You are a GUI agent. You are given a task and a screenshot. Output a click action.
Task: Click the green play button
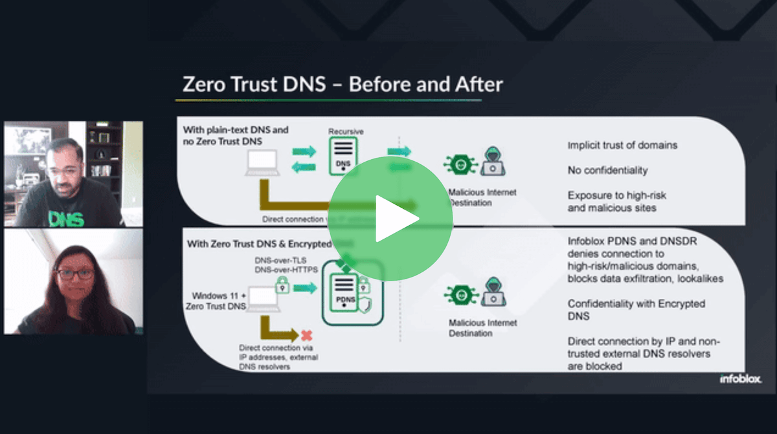pyautogui.click(x=390, y=219)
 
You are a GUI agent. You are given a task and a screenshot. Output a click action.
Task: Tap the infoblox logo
pyautogui.click(x=740, y=379)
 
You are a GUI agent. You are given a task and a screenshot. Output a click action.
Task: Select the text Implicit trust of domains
pyautogui.click(x=622, y=145)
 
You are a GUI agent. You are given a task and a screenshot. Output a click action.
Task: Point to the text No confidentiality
pyautogui.click(x=607, y=170)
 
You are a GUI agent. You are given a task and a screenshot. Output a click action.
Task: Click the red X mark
pyautogui.click(x=306, y=336)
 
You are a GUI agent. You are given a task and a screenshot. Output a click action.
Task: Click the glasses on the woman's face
pyautogui.click(x=74, y=274)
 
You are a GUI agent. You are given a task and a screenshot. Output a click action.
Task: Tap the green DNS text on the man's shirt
pyautogui.click(x=67, y=218)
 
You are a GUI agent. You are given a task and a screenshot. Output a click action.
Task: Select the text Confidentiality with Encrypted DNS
pyautogui.click(x=636, y=309)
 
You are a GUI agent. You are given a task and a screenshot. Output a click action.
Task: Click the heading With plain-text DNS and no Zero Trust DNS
pyautogui.click(x=236, y=135)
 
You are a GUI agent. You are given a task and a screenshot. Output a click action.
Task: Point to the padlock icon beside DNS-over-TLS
pyautogui.click(x=282, y=285)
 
